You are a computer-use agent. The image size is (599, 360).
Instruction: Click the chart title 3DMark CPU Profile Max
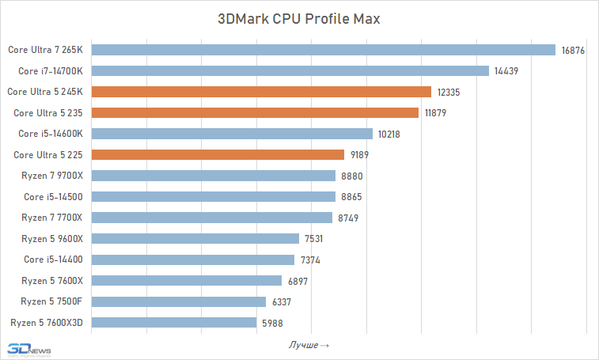(299, 19)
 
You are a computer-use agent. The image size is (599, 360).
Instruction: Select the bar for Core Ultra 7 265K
(324, 50)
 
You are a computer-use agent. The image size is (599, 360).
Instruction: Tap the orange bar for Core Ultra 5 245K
(261, 92)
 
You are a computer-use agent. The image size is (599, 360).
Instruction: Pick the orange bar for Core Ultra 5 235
(255, 112)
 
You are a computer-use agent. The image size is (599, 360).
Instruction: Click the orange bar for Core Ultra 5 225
(218, 154)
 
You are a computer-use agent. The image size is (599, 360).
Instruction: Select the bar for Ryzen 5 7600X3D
(174, 322)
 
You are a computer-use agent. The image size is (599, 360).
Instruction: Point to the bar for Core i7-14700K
(290, 70)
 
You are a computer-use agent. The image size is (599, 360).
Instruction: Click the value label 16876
(573, 50)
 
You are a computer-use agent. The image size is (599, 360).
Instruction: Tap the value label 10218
(389, 134)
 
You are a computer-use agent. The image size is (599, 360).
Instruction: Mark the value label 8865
(352, 196)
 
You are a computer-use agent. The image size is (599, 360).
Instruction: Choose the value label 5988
(272, 322)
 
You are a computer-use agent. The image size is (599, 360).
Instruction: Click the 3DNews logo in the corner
(27, 349)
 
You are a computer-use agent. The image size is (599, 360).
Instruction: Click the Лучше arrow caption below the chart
(308, 345)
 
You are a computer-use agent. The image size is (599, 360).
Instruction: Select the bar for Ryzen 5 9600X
(195, 238)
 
